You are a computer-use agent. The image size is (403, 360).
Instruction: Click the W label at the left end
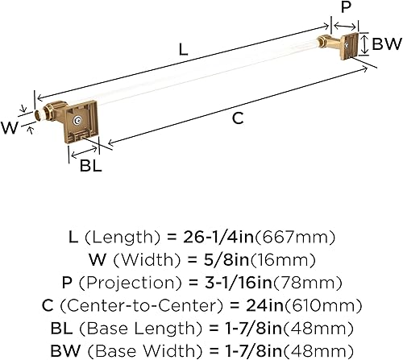pos(12,125)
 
